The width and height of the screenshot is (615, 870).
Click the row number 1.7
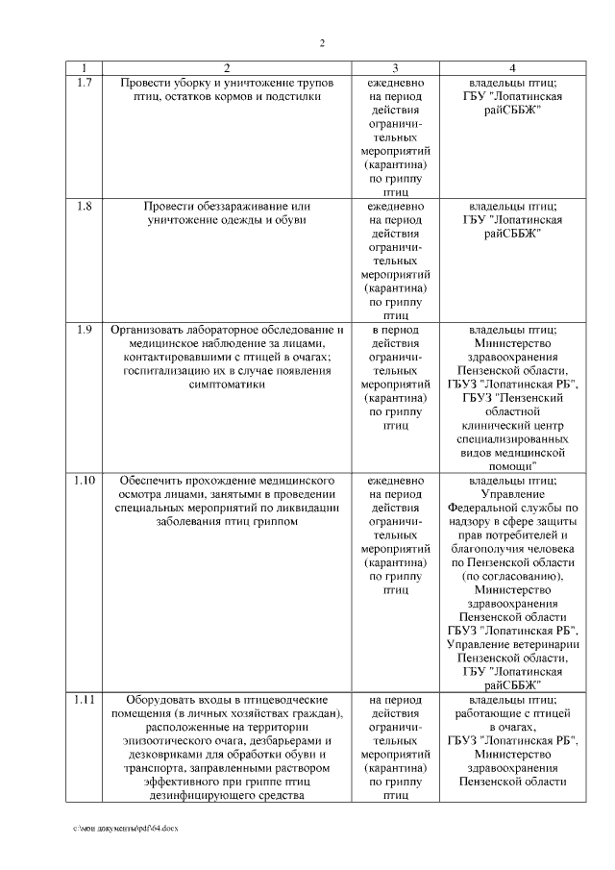(84, 83)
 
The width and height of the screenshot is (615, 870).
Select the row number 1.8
(84, 206)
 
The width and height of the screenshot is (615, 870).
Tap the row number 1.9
(84, 330)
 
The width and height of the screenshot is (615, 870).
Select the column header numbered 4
(512, 68)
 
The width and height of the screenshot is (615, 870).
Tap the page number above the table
(322, 42)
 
